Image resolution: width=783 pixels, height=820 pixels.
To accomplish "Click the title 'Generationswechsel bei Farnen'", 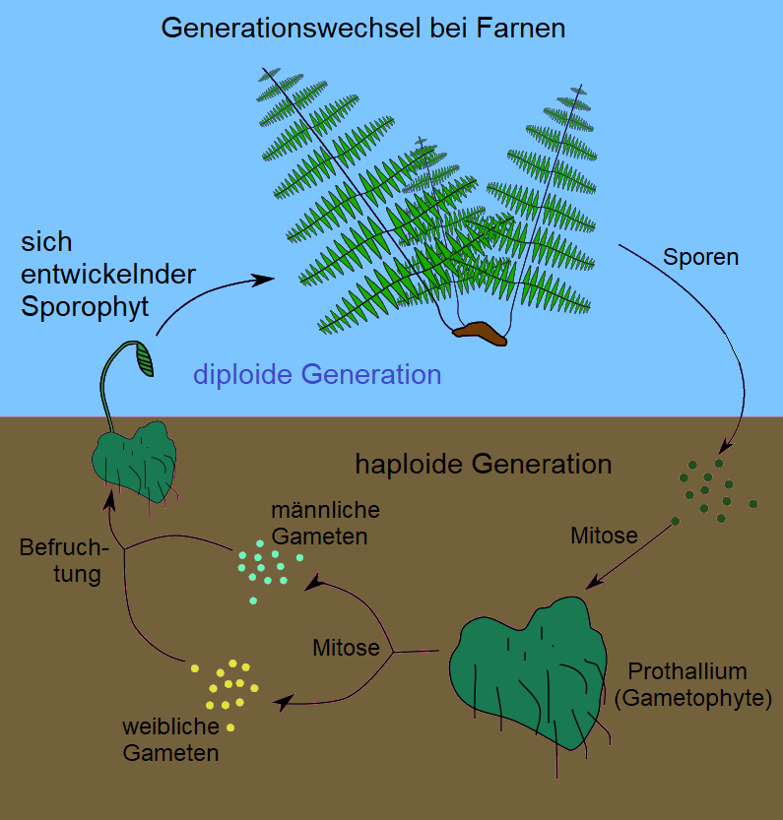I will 362,28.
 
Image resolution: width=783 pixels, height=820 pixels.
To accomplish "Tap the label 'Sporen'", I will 700,258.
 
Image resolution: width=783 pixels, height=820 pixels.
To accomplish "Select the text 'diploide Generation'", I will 317,374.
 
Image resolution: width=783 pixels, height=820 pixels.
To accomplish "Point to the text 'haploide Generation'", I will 483,464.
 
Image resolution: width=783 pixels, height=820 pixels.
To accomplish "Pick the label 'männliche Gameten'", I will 325,524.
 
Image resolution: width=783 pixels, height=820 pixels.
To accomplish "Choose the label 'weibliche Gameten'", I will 169,740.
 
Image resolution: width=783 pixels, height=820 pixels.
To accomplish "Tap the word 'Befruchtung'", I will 61,560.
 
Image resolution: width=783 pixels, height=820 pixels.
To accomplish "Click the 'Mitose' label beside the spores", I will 604,536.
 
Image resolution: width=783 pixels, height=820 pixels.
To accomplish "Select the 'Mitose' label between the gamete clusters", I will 346,648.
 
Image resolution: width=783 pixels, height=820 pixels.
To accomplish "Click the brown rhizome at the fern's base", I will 480,333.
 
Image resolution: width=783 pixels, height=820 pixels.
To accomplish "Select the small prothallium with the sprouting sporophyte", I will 134,458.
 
